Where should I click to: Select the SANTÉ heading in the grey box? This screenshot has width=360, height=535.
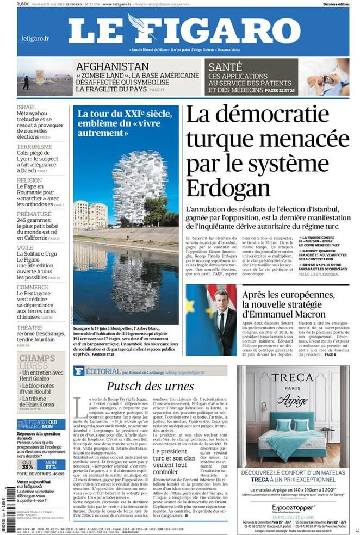(x=225, y=66)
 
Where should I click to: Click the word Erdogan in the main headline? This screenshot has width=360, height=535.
(x=228, y=187)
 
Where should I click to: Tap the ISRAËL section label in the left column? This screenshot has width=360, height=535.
(x=27, y=107)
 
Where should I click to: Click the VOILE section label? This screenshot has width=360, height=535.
(x=25, y=248)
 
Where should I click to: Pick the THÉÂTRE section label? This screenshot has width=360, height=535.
(x=29, y=328)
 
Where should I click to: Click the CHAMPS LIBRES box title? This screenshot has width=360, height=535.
(x=37, y=361)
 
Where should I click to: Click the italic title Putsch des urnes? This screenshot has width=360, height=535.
(x=150, y=387)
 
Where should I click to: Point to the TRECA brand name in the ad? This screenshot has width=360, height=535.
(x=293, y=377)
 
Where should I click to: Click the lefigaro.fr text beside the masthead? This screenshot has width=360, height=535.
(x=35, y=38)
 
